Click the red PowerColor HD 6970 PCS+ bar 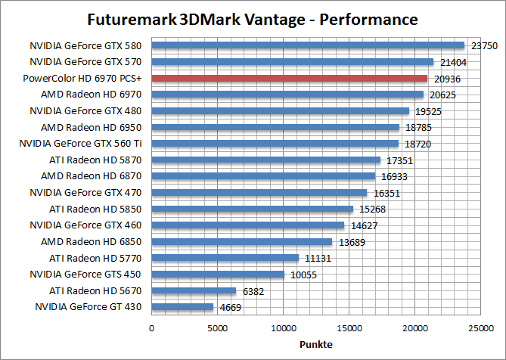[290, 78]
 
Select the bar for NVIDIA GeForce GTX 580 [308, 45]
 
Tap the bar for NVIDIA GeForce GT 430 [182, 307]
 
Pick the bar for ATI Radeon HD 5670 [194, 290]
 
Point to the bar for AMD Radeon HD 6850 [242, 242]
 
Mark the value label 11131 [316, 259]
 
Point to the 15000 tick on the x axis [349, 328]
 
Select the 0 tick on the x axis [152, 328]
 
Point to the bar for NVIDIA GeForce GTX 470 [259, 193]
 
